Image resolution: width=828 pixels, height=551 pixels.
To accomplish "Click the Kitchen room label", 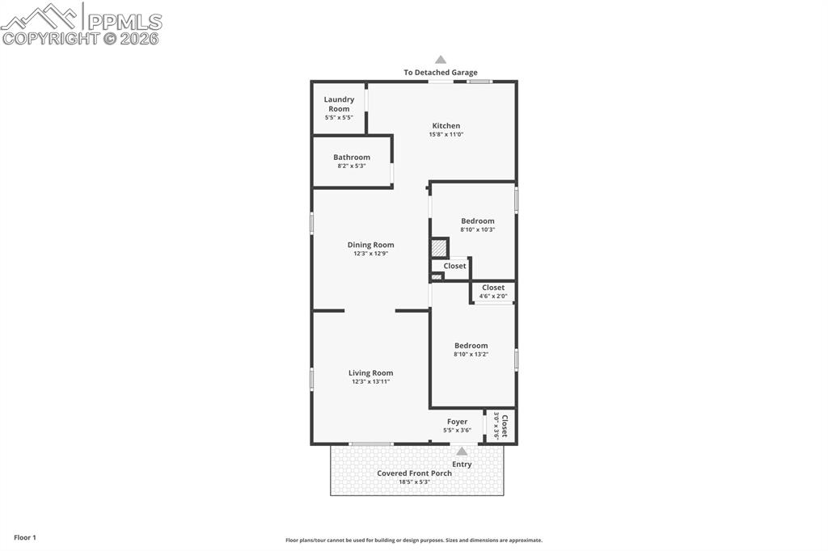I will [446, 126].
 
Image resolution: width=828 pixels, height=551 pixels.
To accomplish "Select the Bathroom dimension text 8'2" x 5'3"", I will [352, 166].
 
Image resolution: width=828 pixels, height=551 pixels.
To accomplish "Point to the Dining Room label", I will [370, 245].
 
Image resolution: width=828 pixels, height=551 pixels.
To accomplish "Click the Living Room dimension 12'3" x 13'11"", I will [370, 381].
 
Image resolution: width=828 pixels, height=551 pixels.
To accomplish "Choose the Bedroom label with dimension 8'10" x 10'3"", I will [477, 221].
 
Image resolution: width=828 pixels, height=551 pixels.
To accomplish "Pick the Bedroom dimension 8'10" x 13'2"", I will [471, 354].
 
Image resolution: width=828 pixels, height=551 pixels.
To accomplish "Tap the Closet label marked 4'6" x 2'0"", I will [492, 288].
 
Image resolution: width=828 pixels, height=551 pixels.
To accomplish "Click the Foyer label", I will [457, 422].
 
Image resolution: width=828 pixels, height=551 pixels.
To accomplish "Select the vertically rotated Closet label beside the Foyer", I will [504, 426].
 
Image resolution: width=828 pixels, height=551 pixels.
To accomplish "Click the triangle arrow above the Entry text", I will [462, 452].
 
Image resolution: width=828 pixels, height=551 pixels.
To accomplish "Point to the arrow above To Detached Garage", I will [441, 59].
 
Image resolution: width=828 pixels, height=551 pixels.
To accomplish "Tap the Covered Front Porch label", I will [414, 473].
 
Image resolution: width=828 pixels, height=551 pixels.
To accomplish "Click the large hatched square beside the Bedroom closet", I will [438, 248].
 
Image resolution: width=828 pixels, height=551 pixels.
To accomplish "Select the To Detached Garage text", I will [441, 73].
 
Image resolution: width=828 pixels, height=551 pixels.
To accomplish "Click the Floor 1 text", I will [25, 537].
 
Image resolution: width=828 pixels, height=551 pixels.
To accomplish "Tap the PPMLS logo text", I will [124, 22].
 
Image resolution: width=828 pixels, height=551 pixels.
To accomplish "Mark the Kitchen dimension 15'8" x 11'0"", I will [446, 134].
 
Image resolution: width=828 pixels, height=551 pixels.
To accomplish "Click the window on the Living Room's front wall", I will [371, 444].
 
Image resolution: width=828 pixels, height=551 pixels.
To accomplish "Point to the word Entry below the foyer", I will [462, 465].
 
